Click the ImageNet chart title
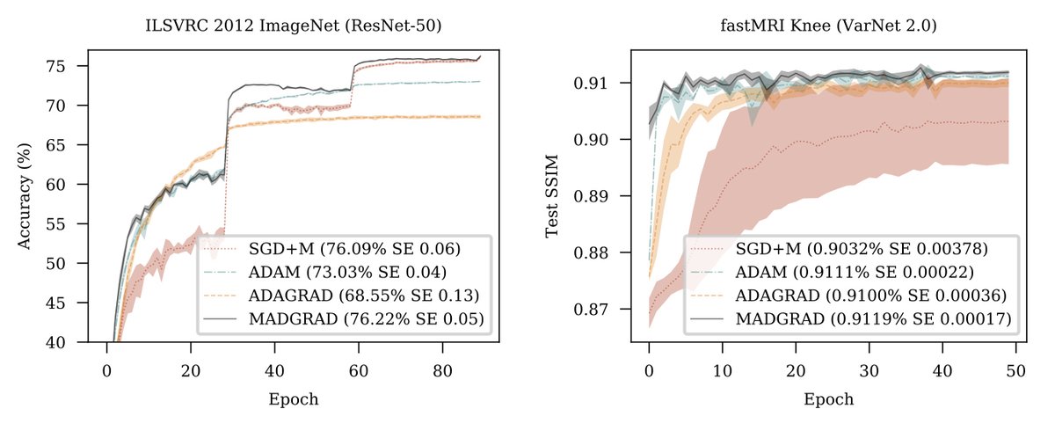pyautogui.click(x=293, y=26)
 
